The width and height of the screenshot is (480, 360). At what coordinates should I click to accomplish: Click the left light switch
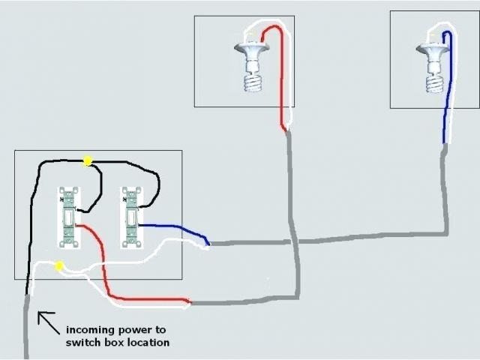(68, 217)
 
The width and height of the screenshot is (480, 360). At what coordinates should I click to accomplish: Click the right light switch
(130, 217)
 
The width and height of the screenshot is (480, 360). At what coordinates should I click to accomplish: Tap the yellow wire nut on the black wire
(88, 160)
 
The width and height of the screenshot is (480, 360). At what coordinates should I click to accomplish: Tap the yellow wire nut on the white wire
(58, 265)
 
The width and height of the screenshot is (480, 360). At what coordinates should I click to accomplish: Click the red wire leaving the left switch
(105, 262)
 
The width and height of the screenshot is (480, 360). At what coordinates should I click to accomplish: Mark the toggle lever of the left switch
(68, 218)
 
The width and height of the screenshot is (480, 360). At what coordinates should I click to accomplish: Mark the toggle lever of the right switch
(130, 218)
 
